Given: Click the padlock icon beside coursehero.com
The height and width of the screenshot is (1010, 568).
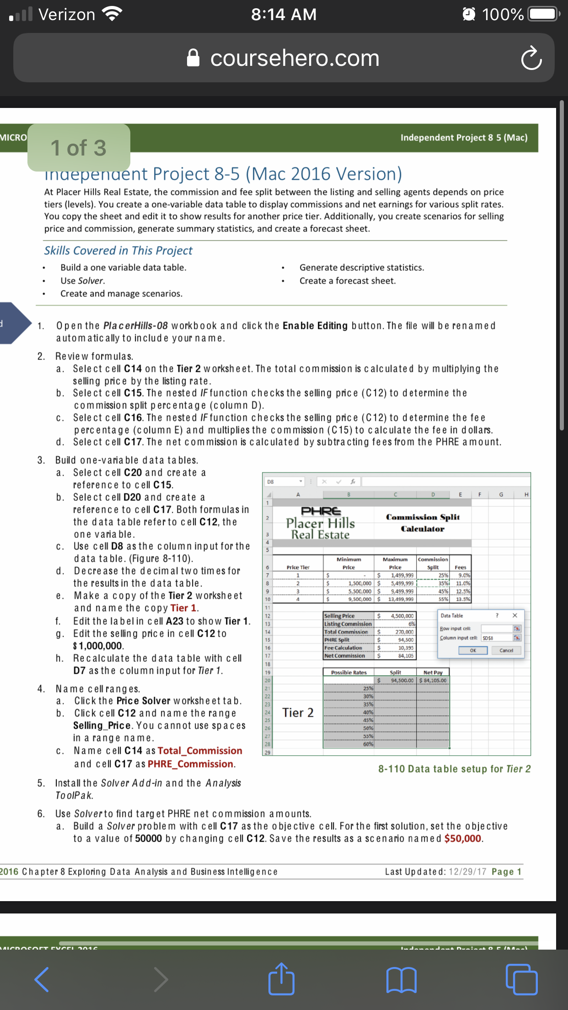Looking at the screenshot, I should [193, 58].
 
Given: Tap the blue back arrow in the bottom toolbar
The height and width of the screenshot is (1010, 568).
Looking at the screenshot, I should [42, 979].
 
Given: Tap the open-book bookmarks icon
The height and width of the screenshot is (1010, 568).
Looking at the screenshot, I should [401, 979].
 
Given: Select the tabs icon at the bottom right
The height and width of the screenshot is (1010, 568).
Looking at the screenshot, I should [521, 979].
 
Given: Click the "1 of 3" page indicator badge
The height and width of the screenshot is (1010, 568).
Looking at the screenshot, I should [79, 148].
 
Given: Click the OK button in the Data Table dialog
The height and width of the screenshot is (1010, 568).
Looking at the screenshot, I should [473, 650].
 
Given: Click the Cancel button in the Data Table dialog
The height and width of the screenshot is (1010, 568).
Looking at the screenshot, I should [506, 650].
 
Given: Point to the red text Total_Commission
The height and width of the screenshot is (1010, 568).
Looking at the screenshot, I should [200, 751].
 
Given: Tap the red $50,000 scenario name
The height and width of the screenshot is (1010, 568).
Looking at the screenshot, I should [463, 838].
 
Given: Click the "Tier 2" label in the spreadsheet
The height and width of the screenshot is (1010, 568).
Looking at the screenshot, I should [298, 713].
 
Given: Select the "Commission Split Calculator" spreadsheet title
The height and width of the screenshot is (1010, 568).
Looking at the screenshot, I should [423, 522].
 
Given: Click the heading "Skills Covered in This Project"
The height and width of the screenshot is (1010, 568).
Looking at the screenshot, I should [118, 251].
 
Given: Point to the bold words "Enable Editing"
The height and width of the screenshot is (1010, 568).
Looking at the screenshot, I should [315, 326].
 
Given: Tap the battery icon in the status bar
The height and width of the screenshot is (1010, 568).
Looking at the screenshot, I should [543, 14].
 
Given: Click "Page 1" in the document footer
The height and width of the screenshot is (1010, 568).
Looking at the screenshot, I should [506, 871].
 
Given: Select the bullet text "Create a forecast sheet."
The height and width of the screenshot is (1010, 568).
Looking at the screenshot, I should [347, 281].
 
